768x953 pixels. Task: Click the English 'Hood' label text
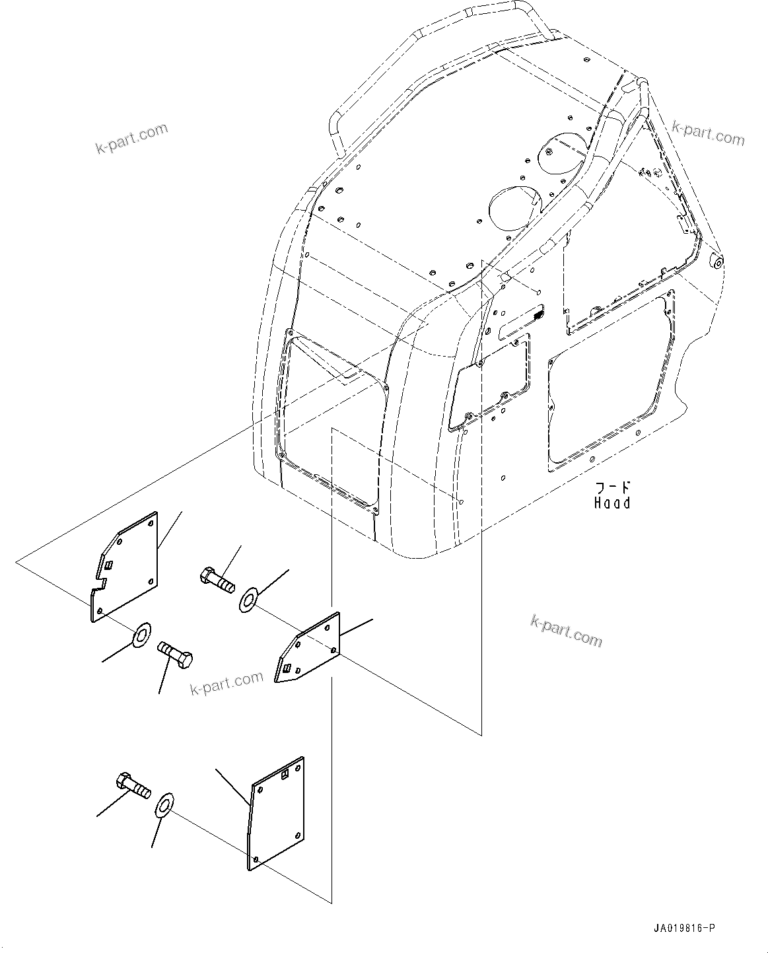point(612,503)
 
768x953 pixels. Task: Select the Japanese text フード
point(613,488)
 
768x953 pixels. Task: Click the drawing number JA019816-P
point(684,929)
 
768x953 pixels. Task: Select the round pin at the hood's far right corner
point(717,262)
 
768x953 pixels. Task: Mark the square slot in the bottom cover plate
point(285,776)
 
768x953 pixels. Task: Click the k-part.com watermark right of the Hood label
point(567,629)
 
